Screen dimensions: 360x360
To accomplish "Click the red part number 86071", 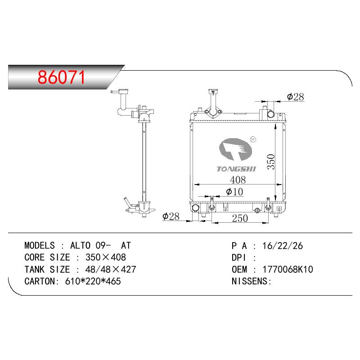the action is [x=61, y=77].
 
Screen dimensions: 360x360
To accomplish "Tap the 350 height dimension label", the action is [x=271, y=162].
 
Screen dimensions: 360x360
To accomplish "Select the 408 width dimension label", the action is [x=238, y=180].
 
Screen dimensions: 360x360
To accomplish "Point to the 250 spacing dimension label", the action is [x=240, y=218].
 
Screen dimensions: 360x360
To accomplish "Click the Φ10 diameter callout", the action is [x=234, y=192].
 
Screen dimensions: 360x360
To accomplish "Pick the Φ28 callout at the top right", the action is [x=295, y=97].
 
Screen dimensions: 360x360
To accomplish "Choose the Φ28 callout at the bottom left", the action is [x=171, y=216].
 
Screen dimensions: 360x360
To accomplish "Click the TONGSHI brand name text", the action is [x=236, y=169].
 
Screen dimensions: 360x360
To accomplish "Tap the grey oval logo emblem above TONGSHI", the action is [x=235, y=149].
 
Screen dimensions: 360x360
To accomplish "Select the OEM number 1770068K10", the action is [x=288, y=269].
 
